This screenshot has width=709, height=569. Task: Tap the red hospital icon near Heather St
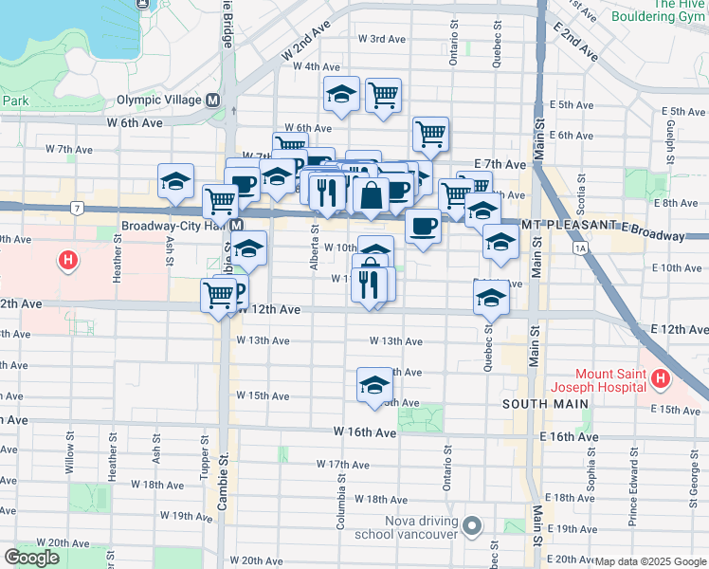click(68, 258)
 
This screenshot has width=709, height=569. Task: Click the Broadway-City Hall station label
click(175, 226)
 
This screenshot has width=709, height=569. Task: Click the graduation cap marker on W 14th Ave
click(374, 385)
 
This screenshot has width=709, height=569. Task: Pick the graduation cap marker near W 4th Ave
click(341, 94)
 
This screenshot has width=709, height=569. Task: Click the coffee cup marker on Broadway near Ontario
click(423, 227)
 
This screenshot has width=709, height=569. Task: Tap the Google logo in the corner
click(31, 558)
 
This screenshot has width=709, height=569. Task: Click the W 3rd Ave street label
click(382, 39)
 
